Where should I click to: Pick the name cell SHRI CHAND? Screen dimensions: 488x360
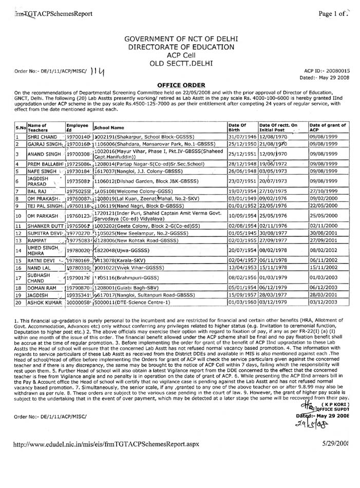[39, 137]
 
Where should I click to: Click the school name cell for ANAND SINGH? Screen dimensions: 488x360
[159, 154]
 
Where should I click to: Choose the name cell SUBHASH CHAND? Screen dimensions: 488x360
[39, 278]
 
